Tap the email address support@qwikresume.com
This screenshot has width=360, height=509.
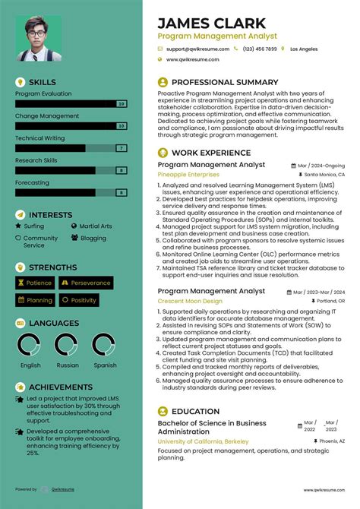click(x=197, y=49)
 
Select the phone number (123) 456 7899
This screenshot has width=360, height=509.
click(x=260, y=49)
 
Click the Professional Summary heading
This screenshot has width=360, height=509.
click(x=225, y=82)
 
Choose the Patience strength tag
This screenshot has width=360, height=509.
click(x=35, y=283)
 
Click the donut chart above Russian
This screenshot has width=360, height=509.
click(x=68, y=346)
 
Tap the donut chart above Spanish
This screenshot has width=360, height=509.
click(x=105, y=346)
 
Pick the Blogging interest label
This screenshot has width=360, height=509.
click(x=93, y=238)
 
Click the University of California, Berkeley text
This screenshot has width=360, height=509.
click(x=204, y=441)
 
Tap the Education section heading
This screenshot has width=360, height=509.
click(x=195, y=411)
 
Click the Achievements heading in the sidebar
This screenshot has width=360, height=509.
click(x=60, y=387)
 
